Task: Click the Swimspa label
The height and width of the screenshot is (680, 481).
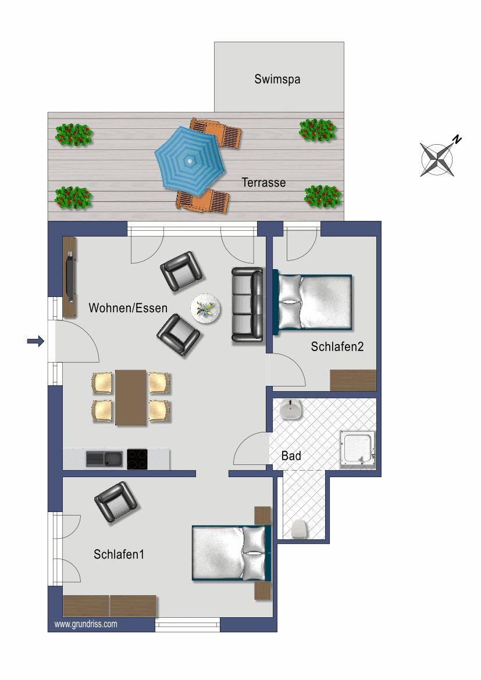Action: pyautogui.click(x=277, y=80)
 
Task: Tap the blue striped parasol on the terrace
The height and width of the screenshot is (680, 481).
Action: pyautogui.click(x=190, y=161)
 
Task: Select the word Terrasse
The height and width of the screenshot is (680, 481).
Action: pyautogui.click(x=263, y=182)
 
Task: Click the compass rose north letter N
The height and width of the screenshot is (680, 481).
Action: pyautogui.click(x=457, y=139)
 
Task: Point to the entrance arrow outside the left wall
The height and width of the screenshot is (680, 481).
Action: pyautogui.click(x=35, y=341)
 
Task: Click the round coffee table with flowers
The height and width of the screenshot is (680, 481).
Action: pyautogui.click(x=205, y=309)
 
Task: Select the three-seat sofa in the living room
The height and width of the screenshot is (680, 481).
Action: pyautogui.click(x=247, y=305)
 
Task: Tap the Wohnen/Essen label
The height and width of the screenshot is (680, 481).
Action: pyautogui.click(x=127, y=308)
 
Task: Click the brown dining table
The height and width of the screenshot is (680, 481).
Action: pyautogui.click(x=131, y=397)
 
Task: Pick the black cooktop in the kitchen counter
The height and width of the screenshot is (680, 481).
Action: pyautogui.click(x=137, y=459)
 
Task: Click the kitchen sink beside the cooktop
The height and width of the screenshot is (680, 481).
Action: pyautogui.click(x=104, y=459)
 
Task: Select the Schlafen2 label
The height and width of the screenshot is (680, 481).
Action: pyautogui.click(x=337, y=346)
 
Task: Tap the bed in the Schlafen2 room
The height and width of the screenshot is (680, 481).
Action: pyautogui.click(x=312, y=302)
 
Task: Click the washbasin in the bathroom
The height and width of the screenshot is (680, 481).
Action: pyautogui.click(x=291, y=409)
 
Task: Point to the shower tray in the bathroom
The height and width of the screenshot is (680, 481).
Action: pyautogui.click(x=357, y=450)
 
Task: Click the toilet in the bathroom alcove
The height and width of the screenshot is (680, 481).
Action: pyautogui.click(x=299, y=529)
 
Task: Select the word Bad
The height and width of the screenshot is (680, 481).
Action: pyautogui.click(x=291, y=456)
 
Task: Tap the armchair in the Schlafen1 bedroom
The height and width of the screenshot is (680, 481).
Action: pyautogui.click(x=116, y=502)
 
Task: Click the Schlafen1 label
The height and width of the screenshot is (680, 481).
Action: pyautogui.click(x=119, y=554)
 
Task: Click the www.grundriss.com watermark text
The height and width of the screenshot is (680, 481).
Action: pyautogui.click(x=85, y=624)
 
